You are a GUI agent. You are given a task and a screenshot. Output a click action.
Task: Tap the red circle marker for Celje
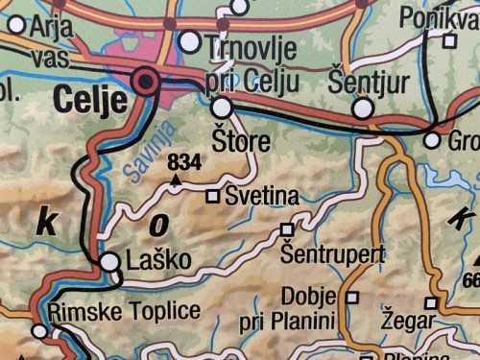146,81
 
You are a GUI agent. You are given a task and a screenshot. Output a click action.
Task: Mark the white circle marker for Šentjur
362,108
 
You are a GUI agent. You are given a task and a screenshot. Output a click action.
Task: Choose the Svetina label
261,197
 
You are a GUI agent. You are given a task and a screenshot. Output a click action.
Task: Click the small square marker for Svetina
213,197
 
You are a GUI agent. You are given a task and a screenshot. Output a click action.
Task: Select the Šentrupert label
333,254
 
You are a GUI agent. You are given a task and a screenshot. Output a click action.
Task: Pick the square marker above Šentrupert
285,230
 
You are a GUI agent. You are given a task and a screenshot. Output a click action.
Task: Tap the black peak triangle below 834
176,177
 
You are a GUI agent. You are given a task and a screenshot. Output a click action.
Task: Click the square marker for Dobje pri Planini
352,298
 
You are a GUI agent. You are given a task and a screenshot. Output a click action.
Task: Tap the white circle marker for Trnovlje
190,42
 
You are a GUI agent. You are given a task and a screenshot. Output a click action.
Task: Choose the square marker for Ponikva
448,41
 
